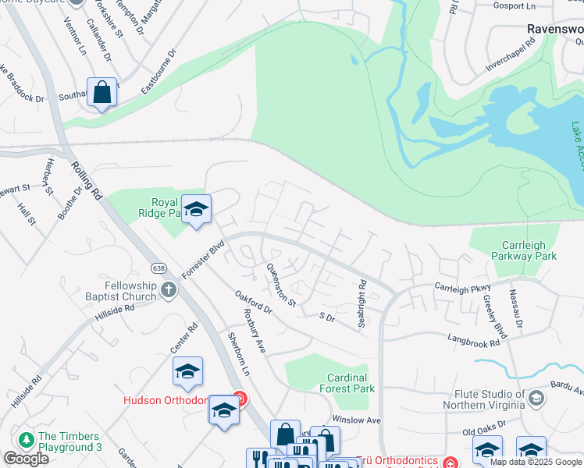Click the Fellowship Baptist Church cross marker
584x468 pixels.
[168, 291]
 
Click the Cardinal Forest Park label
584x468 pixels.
[351, 383]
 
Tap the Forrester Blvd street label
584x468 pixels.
[203, 258]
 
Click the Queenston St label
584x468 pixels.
[282, 285]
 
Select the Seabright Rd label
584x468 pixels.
[362, 304]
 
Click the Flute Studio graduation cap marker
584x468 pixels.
[536, 399]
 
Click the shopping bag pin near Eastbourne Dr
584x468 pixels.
[102, 93]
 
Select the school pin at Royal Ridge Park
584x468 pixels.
[197, 210]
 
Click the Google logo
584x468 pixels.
[26, 459]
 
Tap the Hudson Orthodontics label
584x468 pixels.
[166, 401]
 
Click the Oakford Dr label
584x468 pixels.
[252, 303]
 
